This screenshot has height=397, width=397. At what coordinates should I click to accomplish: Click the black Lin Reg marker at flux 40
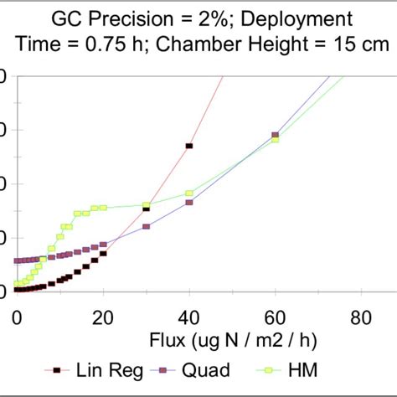(x=189, y=146)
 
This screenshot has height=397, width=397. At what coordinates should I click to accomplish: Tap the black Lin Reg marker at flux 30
(x=147, y=209)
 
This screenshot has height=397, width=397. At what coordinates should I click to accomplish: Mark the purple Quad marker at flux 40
(x=189, y=203)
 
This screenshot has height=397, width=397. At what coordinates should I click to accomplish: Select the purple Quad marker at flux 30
(x=147, y=227)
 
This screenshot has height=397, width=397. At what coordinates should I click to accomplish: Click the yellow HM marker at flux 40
(x=189, y=193)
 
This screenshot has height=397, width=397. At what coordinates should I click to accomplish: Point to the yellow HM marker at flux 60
(x=275, y=139)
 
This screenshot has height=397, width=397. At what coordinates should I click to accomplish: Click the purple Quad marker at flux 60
(x=275, y=134)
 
